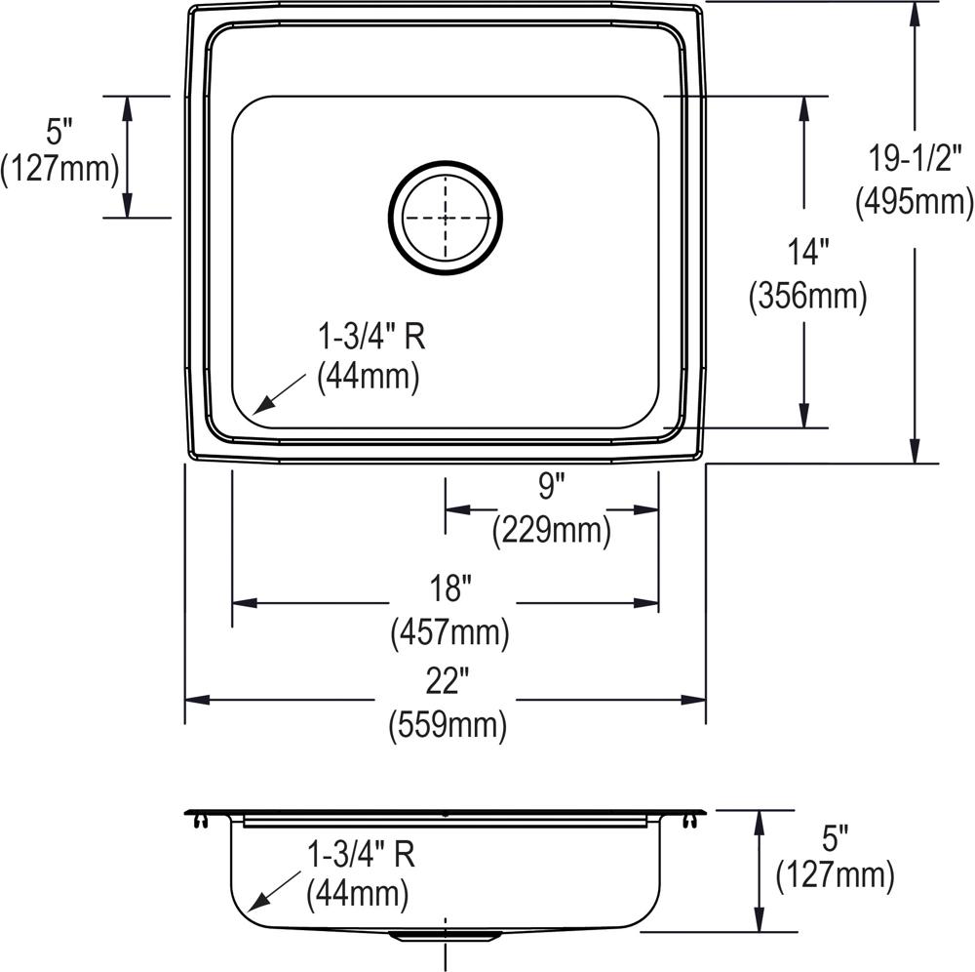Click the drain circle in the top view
pos(446,218)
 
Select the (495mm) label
pos(914,201)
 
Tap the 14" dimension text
pos(807,253)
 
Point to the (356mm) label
pos(807,297)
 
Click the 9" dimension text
pos(551,485)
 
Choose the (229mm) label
pos(551,530)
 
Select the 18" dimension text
pos(449,588)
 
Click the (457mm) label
pos(449,634)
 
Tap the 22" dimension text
pos(448,680)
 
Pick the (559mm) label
pos(448,725)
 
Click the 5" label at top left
pos(59,129)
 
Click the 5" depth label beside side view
pos(835,837)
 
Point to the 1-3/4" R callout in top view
pos(370,338)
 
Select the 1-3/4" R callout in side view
pos(361,856)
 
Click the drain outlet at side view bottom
pos(446,936)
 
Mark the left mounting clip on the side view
pos(199,820)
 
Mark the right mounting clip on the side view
pos(693,820)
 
